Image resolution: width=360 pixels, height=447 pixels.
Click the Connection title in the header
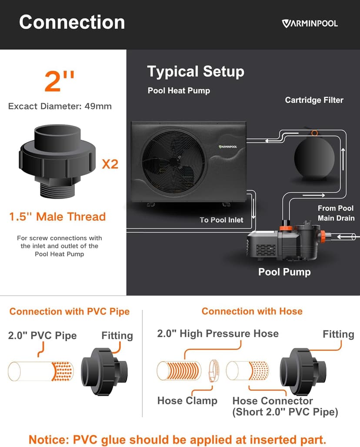[x=72, y=22]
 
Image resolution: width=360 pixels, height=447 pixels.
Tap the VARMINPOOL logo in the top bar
[x=309, y=23]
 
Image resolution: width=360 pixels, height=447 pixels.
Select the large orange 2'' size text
[x=60, y=81]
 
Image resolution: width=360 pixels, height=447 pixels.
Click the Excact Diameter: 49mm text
[x=60, y=106]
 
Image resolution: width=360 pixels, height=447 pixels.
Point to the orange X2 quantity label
[x=110, y=164]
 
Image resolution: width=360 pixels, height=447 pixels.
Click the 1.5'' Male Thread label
[x=57, y=217]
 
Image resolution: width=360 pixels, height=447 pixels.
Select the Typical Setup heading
[x=195, y=71]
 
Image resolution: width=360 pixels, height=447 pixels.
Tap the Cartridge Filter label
[x=314, y=100]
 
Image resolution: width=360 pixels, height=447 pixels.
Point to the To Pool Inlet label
[x=221, y=220]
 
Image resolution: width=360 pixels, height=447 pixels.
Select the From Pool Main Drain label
[x=336, y=213]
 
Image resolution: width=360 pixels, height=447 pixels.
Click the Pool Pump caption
[x=284, y=272]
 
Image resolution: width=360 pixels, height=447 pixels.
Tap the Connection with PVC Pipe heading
[x=70, y=312]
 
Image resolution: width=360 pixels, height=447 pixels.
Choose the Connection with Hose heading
[x=252, y=312]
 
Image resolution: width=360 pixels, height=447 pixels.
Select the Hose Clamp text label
[x=187, y=400]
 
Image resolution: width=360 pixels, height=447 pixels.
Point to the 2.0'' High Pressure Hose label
[x=218, y=334]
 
